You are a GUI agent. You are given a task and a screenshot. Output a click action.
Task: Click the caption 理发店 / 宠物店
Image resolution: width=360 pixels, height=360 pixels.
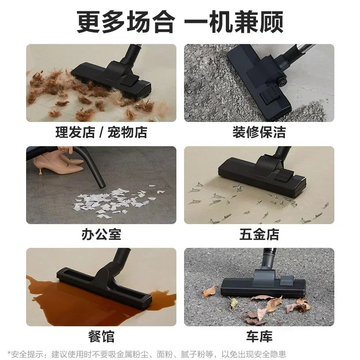click(101, 132)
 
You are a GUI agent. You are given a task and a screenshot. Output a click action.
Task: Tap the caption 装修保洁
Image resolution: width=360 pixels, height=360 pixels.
click(259, 132)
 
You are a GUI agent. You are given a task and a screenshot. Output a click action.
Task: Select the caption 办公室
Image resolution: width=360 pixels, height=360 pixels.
click(101, 234)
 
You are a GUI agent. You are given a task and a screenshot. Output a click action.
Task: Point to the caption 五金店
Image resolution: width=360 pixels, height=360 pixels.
click(259, 234)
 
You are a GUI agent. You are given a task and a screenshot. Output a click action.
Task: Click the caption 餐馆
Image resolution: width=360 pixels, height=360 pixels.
click(101, 336)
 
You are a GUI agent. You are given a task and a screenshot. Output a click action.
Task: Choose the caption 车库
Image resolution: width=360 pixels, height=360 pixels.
click(259, 336)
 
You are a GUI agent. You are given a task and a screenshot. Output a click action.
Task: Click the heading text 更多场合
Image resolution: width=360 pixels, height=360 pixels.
click(126, 22)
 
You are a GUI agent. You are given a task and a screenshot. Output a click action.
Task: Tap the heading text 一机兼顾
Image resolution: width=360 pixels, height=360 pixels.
click(234, 22)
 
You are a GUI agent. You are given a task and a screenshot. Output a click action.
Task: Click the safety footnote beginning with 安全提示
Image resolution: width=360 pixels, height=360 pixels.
click(147, 354)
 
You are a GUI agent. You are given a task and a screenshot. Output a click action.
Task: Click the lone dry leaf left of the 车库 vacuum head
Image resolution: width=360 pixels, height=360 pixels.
click(209, 292)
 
